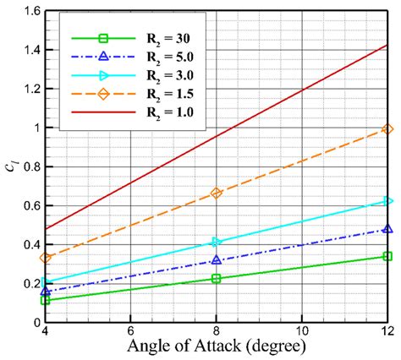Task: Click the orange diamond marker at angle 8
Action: (x=217, y=193)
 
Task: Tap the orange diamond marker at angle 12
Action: (x=387, y=128)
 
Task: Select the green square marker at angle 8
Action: (x=217, y=278)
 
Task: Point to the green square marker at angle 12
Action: (x=387, y=256)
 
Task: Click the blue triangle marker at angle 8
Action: (x=217, y=260)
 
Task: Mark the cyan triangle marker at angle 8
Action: (x=217, y=243)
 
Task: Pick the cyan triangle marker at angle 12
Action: (x=387, y=200)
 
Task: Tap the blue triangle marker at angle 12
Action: (x=387, y=229)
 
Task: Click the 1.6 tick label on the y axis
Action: (x=32, y=10)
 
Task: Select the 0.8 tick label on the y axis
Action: (x=32, y=166)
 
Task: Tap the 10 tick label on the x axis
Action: (x=302, y=329)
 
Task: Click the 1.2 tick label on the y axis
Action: (x=32, y=89)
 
